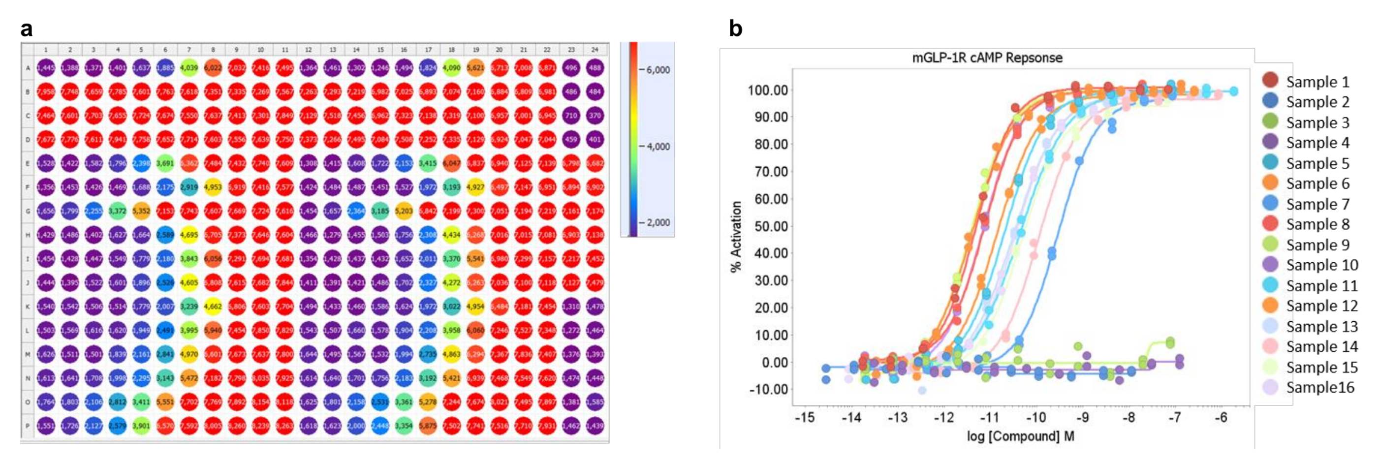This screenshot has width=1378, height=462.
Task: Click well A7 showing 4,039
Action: click(x=189, y=68)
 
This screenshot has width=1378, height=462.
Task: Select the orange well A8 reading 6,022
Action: click(x=213, y=68)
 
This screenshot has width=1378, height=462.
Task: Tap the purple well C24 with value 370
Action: click(x=595, y=116)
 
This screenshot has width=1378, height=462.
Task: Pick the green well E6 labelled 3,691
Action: click(x=165, y=163)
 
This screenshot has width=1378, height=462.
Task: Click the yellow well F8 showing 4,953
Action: click(x=213, y=187)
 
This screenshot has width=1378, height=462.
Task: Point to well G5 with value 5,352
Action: click(x=141, y=211)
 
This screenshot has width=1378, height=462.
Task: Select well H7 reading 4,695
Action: click(x=189, y=235)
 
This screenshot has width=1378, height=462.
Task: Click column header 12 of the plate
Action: click(x=308, y=50)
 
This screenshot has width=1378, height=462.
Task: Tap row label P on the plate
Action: click(x=27, y=426)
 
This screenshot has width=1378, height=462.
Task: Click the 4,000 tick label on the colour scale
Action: click(x=658, y=147)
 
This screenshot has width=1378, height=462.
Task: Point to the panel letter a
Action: click(x=26, y=29)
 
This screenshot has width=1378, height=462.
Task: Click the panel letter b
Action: click(x=736, y=29)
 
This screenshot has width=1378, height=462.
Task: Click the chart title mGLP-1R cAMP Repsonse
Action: click(x=987, y=58)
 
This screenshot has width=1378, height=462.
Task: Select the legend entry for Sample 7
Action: click(x=1317, y=204)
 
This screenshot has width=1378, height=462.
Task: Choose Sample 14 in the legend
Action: click(x=1322, y=347)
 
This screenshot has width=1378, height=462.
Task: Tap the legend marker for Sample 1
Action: click(x=1270, y=81)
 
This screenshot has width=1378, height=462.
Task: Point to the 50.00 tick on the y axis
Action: click(x=771, y=226)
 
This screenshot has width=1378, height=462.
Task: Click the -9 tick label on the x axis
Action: click(x=1082, y=417)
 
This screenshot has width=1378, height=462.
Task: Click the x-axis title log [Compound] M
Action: click(x=1020, y=436)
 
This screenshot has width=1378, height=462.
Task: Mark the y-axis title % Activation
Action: click(x=737, y=236)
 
